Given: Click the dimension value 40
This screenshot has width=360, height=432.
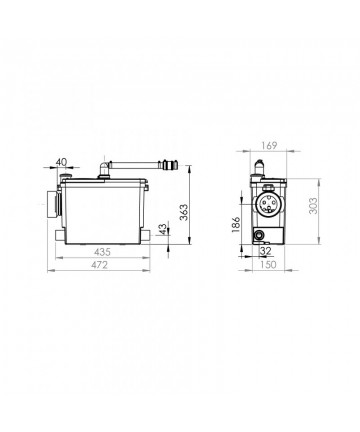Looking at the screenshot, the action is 61,162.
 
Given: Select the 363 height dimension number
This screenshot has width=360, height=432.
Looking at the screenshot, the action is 183,212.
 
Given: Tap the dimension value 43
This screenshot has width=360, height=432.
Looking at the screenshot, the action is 162,229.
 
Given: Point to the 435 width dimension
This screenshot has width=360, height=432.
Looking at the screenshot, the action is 102,252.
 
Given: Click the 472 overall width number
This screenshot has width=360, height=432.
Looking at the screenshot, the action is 100,265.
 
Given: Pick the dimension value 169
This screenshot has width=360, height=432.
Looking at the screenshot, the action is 269,146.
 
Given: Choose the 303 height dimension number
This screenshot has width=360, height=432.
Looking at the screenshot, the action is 313,206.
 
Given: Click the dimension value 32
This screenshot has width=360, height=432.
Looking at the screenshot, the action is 266,251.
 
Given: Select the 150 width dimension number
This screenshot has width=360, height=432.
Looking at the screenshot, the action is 268,265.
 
